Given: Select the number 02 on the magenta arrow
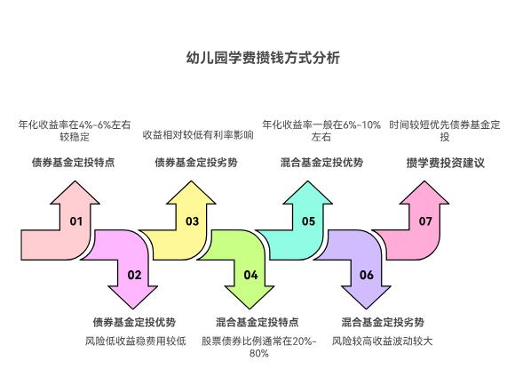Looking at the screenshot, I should tap(134, 275).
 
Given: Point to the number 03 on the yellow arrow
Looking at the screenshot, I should tap(193, 221).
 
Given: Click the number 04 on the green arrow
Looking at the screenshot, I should tap(250, 275).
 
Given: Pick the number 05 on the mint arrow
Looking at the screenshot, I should tap(308, 221).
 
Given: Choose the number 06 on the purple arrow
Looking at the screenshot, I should tap(367, 275).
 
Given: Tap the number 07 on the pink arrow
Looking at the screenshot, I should tap(425, 221).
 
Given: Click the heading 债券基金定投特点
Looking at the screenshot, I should tap(73, 163).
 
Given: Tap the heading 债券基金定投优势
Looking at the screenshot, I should tap(134, 322).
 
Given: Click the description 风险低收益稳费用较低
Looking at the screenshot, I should tap(135, 341).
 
